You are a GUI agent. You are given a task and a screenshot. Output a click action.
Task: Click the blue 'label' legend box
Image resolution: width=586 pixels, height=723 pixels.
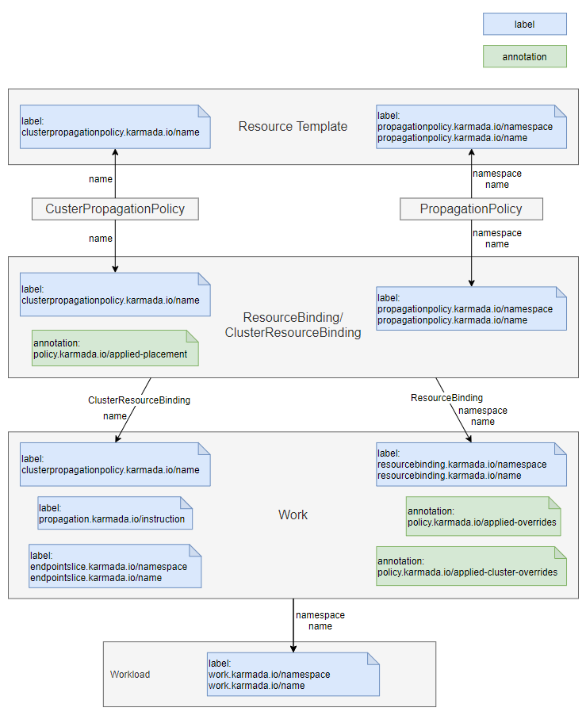coord(524,25)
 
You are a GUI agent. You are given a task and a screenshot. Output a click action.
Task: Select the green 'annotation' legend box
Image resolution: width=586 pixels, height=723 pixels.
coord(524,56)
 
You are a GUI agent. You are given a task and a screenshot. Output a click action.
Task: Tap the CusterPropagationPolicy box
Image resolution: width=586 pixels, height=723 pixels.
coord(115,209)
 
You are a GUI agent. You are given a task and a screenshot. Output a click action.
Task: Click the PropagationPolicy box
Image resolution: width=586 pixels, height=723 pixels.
coord(471,209)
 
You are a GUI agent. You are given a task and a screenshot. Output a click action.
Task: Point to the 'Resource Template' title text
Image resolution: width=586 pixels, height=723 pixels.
coord(293,126)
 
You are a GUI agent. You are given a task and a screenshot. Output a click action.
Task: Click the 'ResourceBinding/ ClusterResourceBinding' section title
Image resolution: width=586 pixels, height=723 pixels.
coord(293,325)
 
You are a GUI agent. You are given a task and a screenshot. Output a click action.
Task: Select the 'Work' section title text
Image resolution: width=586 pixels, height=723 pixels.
coord(293,515)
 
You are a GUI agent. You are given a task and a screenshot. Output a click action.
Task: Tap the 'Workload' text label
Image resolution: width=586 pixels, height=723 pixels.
coord(130,675)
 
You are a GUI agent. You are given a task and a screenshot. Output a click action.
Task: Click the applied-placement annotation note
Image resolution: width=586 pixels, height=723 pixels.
coord(114,348)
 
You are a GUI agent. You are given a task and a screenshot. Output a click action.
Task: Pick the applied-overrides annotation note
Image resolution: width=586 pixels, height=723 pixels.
coord(483,516)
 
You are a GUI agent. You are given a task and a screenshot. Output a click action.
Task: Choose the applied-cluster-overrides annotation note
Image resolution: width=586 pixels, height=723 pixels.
coord(471,565)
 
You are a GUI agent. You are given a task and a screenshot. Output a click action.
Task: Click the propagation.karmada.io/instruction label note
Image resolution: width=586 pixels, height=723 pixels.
coord(115,513)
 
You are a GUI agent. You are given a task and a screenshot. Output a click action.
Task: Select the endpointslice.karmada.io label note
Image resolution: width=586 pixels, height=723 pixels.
coord(115,566)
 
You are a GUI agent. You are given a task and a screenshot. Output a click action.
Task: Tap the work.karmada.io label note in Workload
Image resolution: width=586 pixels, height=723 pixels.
coord(293,674)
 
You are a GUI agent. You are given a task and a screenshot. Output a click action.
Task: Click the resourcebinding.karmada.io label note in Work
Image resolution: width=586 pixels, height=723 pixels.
coord(471,464)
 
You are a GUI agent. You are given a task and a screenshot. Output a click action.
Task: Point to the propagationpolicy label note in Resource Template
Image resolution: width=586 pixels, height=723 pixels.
coord(471,126)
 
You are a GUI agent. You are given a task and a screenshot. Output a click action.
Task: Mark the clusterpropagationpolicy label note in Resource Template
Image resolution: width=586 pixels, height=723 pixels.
coord(115,126)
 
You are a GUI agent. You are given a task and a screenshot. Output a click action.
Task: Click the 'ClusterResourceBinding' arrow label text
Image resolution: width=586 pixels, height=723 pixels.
coord(139,400)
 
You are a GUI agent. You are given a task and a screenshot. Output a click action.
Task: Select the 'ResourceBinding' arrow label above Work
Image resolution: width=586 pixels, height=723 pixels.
coord(446,397)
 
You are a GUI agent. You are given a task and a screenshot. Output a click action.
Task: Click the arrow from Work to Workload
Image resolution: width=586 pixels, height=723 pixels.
coord(293,620)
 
